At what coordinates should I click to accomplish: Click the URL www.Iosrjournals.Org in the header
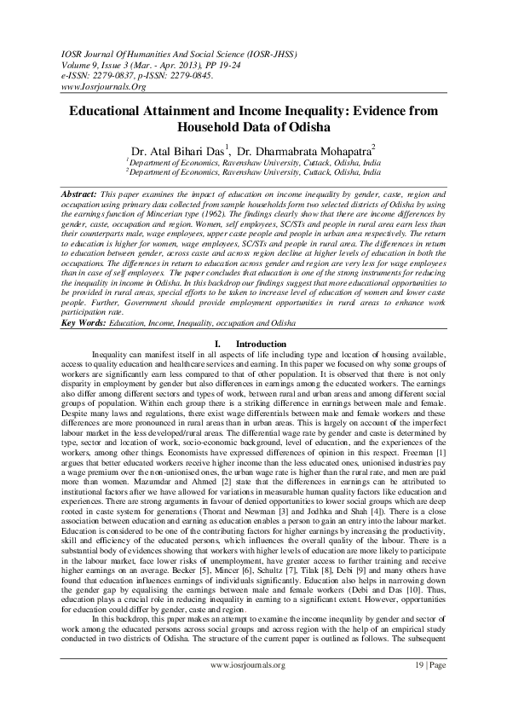pyautogui.click(x=98, y=87)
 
